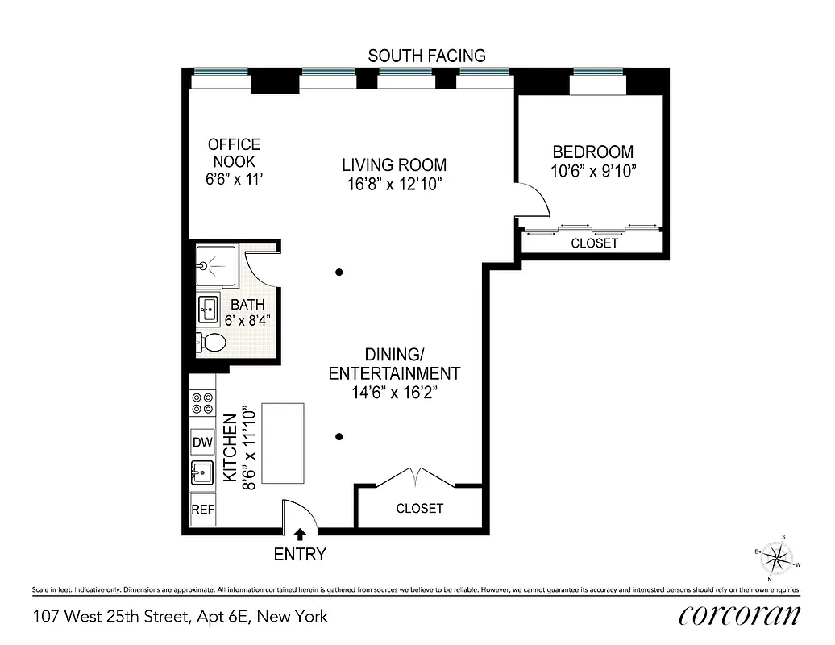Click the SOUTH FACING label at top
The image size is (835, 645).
pyautogui.click(x=426, y=56)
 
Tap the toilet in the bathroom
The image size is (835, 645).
pyautogui.click(x=211, y=343)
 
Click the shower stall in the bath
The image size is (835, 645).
pyautogui.click(x=214, y=264)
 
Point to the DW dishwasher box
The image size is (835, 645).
pyautogui.click(x=202, y=443)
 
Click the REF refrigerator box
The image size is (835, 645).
pyautogui.click(x=202, y=510)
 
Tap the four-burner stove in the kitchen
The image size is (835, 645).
pyautogui.click(x=202, y=403)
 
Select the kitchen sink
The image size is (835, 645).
pyautogui.click(x=202, y=473)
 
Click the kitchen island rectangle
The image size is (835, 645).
pyautogui.click(x=281, y=443)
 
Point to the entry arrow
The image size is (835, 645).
pyautogui.click(x=301, y=534)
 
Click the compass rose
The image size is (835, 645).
pyautogui.click(x=778, y=557)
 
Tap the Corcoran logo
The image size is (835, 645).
pyautogui.click(x=739, y=616)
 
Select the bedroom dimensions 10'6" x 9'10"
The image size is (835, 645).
pyautogui.click(x=592, y=171)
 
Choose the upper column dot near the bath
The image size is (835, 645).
pyautogui.click(x=340, y=272)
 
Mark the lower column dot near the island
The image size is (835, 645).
pyautogui.click(x=340, y=437)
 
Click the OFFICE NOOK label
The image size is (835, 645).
pyautogui.click(x=234, y=153)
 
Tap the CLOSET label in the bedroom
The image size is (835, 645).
pyautogui.click(x=594, y=243)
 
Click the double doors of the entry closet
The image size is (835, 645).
pyautogui.click(x=415, y=477)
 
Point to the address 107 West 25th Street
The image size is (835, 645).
pyautogui.click(x=181, y=617)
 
